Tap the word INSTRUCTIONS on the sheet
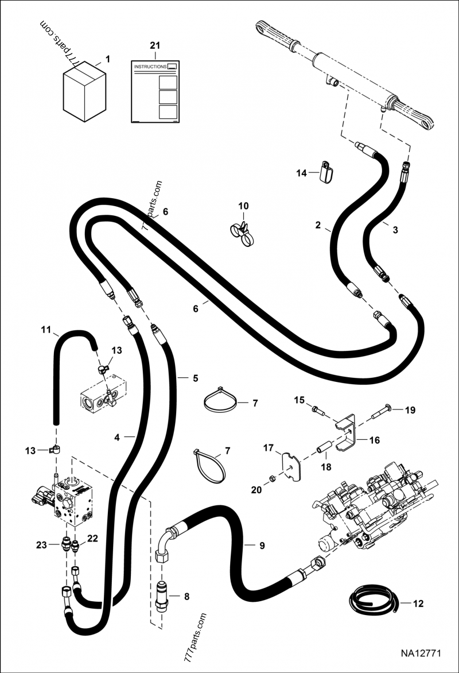(150, 67)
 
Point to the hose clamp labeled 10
(242, 230)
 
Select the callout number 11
(46, 330)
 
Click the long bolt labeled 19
(384, 410)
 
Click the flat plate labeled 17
(292, 464)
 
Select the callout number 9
(262, 546)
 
